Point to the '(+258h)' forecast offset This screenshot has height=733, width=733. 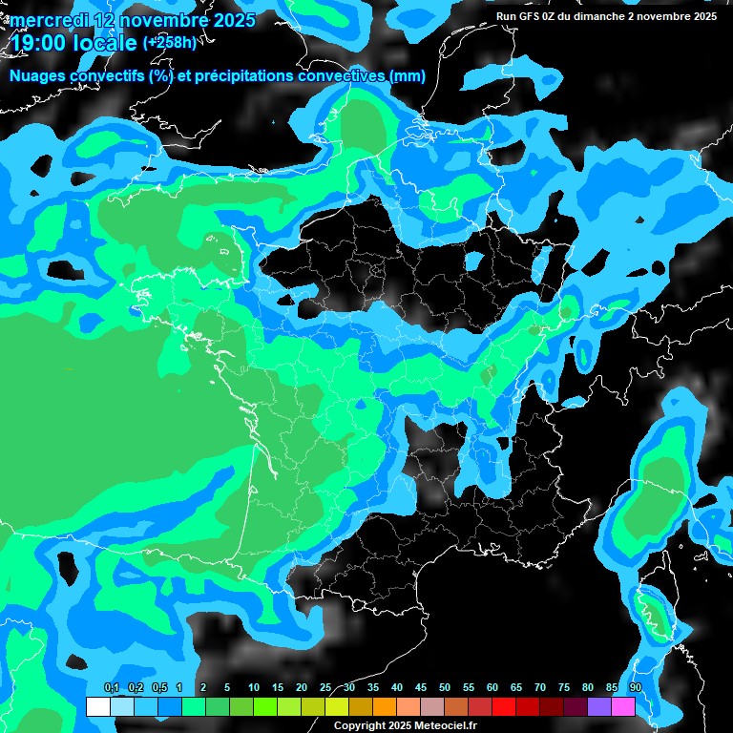pyautogui.click(x=173, y=42)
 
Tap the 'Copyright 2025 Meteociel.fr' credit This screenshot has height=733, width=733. pyautogui.click(x=406, y=725)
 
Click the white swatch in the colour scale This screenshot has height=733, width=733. pyautogui.click(x=97, y=706)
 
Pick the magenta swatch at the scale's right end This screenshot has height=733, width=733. pyautogui.click(x=622, y=706)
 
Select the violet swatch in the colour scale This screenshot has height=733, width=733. pyautogui.click(x=598, y=706)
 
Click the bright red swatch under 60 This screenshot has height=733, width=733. pyautogui.click(x=503, y=706)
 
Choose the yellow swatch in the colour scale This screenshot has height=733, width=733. pyautogui.click(x=336, y=706)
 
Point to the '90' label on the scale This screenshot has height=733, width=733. pyautogui.click(x=635, y=688)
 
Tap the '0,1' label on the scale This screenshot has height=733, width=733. pyautogui.click(x=111, y=688)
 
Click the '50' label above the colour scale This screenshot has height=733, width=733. pyautogui.click(x=445, y=688)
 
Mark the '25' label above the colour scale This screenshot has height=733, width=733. pyautogui.click(x=325, y=688)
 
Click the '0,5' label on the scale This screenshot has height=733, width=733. pyautogui.click(x=158, y=688)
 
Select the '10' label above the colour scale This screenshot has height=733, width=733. pyautogui.click(x=254, y=688)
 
